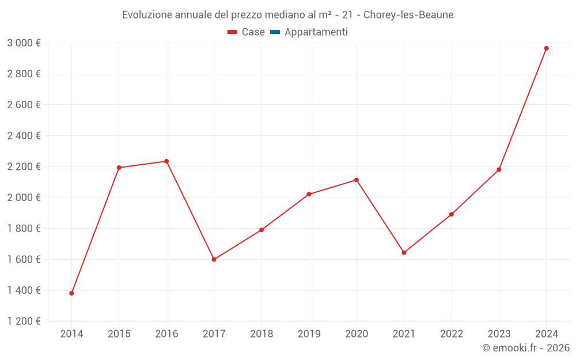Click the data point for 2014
71,293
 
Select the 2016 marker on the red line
166,161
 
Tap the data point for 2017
214,259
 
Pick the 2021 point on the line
404,252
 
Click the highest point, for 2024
546,48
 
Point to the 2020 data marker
357,180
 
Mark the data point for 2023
499,169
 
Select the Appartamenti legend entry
316,32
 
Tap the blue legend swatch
275,32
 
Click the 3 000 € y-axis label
24,43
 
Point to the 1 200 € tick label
24,321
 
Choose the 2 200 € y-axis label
24,166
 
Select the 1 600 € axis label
24,259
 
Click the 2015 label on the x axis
119,334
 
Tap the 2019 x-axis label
309,334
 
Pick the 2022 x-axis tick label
452,334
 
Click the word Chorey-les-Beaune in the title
408,15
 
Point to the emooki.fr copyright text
526,348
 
